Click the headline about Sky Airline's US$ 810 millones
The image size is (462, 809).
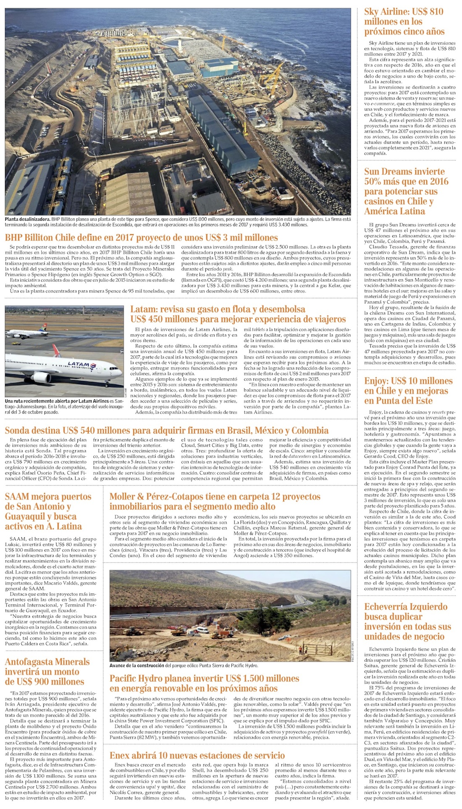404,21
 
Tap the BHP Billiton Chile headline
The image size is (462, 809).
141,238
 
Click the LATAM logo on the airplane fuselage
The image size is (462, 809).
79,364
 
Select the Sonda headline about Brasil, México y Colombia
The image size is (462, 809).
167,430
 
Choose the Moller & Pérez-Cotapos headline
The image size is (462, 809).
214,501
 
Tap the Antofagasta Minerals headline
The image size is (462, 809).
47,672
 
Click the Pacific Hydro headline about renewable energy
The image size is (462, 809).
204,683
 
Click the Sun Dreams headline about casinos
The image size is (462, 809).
406,191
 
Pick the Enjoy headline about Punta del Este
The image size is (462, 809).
408,391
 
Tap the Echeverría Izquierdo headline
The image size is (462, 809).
407,621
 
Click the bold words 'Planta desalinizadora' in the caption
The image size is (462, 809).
27,219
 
